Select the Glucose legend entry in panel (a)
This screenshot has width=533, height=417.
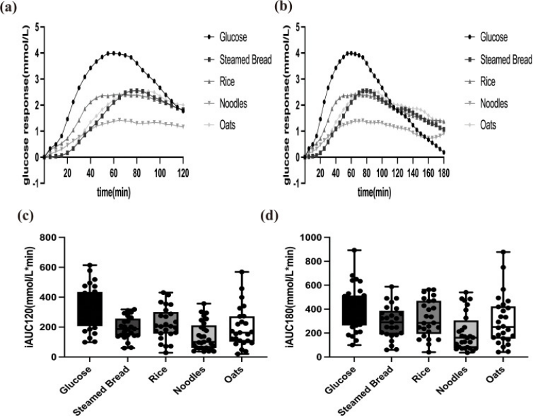pyautogui.click(x=232, y=37)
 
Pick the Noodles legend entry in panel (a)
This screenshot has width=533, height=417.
pyautogui.click(x=235, y=103)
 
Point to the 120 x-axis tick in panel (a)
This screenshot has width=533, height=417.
pyautogui.click(x=183, y=173)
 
